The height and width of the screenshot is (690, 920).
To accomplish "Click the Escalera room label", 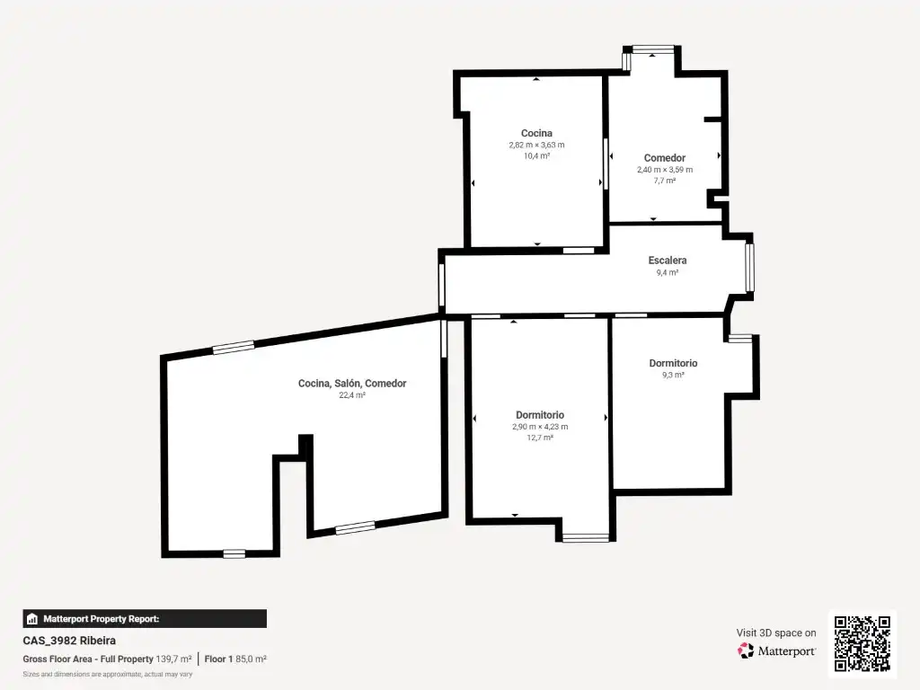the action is pyautogui.click(x=668, y=260).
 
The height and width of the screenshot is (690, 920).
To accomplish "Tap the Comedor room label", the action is pyautogui.click(x=664, y=158).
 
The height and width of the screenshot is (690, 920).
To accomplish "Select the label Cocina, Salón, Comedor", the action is pyautogui.click(x=352, y=383).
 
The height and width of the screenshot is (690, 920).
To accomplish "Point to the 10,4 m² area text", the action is pyautogui.click(x=536, y=156).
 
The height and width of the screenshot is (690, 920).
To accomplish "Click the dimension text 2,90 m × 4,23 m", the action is pyautogui.click(x=540, y=427).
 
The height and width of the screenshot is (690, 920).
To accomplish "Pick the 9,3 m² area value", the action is pyautogui.click(x=673, y=375).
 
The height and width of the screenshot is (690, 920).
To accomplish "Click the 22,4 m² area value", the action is pyautogui.click(x=352, y=395).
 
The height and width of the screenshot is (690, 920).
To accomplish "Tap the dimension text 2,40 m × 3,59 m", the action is pyautogui.click(x=665, y=170).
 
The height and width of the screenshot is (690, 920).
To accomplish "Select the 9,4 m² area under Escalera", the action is pyautogui.click(x=668, y=272).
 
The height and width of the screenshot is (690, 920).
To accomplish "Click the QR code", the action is pyautogui.click(x=862, y=643).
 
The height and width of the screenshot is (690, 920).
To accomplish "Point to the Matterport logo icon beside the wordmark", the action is pyautogui.click(x=746, y=650).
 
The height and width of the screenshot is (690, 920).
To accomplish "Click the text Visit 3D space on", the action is pyautogui.click(x=776, y=632).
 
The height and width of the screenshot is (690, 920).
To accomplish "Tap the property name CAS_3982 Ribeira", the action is pyautogui.click(x=69, y=641).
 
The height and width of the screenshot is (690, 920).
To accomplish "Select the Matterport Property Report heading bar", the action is pyautogui.click(x=145, y=618).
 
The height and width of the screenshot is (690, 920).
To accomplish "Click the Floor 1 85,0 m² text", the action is pyautogui.click(x=235, y=659).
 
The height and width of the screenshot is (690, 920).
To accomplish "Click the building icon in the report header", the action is pyautogui.click(x=32, y=619).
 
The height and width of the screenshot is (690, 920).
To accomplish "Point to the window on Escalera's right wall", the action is pyautogui.click(x=749, y=268).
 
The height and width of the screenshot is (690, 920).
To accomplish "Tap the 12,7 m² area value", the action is pyautogui.click(x=540, y=438).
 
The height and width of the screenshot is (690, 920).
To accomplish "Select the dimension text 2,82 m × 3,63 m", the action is pyautogui.click(x=536, y=145).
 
